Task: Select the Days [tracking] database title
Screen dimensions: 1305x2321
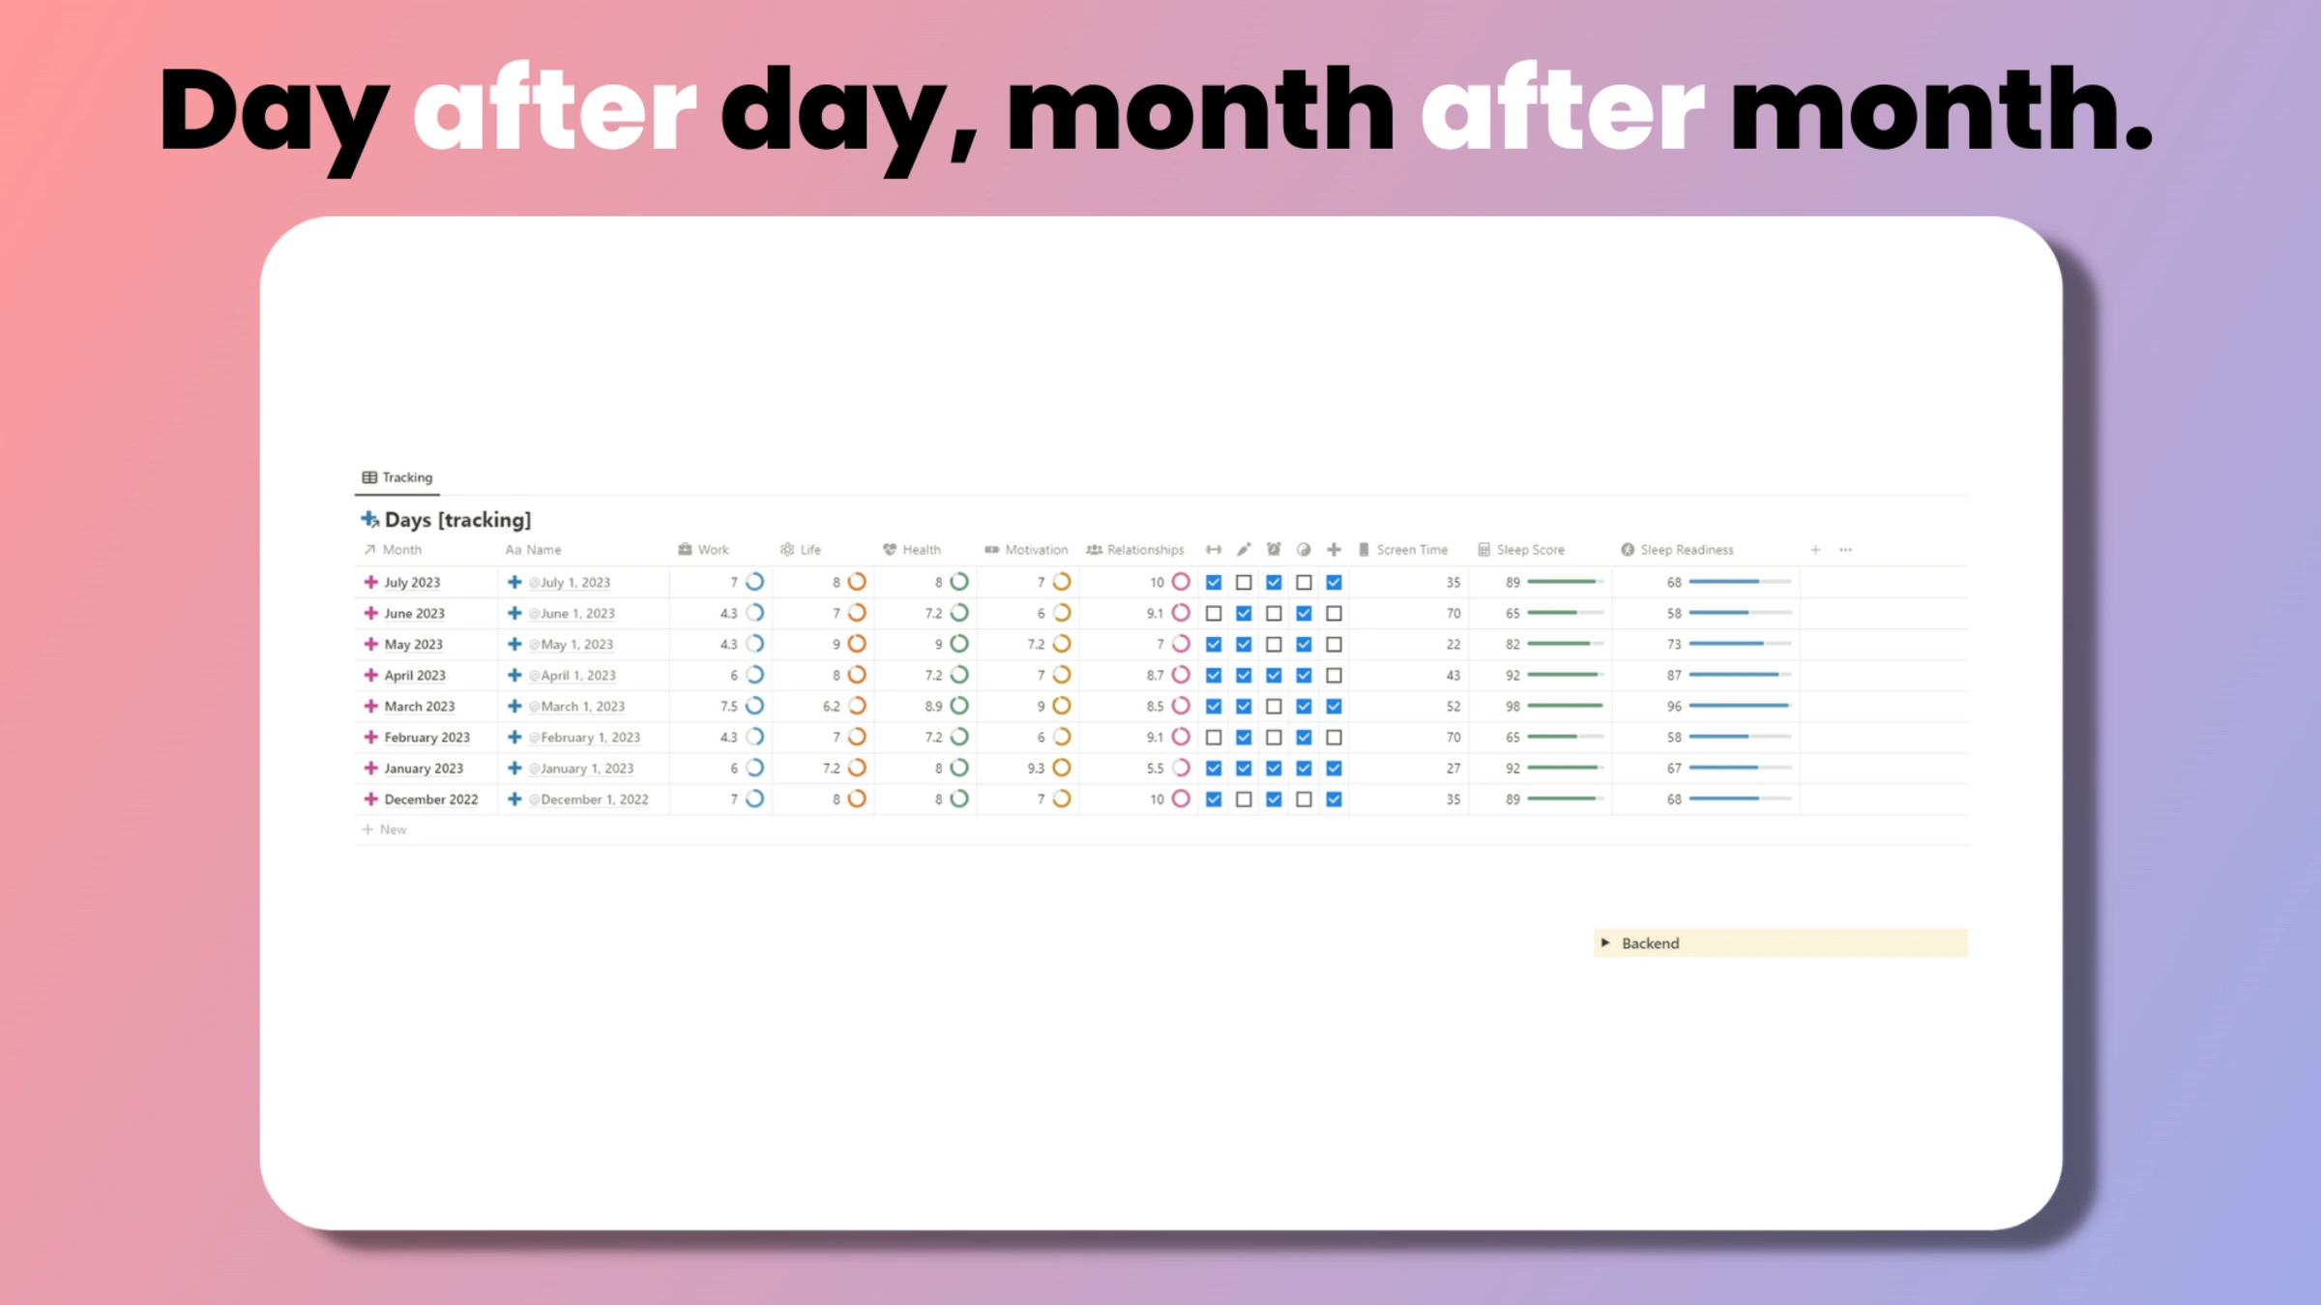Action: point(456,520)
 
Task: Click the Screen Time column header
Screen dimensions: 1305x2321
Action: point(1411,550)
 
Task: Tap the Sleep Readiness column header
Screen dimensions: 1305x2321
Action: point(1686,550)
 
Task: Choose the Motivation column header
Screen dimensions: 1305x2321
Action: point(1035,550)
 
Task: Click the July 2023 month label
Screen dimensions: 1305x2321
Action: point(412,583)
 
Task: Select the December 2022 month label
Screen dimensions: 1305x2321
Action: point(430,799)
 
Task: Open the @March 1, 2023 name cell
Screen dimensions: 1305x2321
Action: point(582,707)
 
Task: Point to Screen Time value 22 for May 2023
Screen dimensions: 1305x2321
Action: point(1453,645)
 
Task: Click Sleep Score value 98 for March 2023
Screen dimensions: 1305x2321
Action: point(1513,707)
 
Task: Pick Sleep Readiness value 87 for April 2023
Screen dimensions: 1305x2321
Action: point(1674,676)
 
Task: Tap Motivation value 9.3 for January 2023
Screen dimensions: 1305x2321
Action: point(1036,768)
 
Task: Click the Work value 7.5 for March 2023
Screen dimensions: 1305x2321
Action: point(728,707)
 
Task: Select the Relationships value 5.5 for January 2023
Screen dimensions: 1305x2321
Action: point(1155,768)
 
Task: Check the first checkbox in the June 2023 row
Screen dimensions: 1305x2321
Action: point(1214,614)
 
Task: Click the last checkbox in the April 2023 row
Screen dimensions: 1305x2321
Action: point(1334,676)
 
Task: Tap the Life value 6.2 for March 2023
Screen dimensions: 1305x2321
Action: point(831,707)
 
